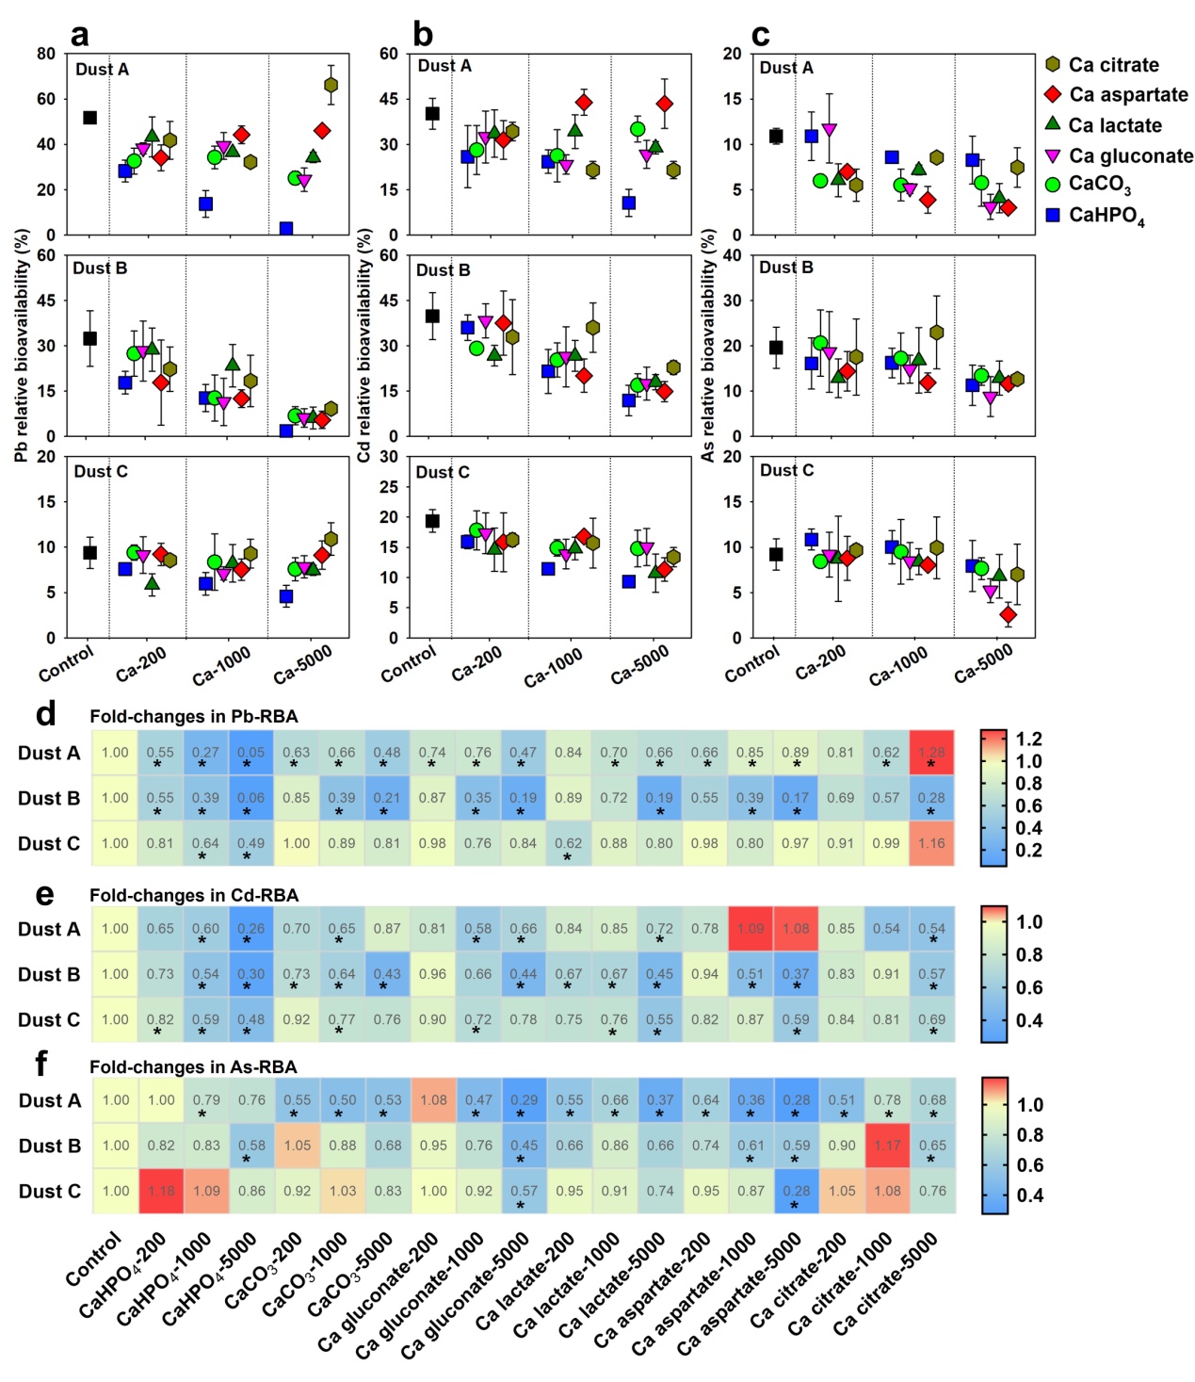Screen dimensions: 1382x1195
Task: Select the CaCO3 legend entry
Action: click(x=1099, y=185)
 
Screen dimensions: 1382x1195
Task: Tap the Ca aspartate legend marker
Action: click(x=1053, y=94)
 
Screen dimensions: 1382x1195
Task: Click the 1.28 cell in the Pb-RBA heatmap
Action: click(x=931, y=753)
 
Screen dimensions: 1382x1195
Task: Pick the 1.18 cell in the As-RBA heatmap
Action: click(x=161, y=1191)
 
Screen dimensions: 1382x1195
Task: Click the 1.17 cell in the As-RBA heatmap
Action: click(x=887, y=1146)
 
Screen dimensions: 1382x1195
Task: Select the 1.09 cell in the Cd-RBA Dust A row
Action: click(x=751, y=929)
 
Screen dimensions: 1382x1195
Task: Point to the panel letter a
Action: click(x=80, y=35)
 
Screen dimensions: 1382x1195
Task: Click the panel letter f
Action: click(x=40, y=1064)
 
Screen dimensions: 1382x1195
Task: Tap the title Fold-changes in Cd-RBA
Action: click(x=194, y=895)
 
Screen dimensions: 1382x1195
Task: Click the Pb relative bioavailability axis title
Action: click(x=21, y=345)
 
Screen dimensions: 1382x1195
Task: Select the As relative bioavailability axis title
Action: click(x=708, y=345)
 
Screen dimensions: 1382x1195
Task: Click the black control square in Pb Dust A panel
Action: click(x=89, y=118)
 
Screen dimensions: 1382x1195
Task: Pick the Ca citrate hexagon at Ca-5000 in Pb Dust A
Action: click(x=331, y=86)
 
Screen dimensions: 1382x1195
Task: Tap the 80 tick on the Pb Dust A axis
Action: click(x=46, y=54)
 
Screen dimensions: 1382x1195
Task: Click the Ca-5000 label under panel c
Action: click(x=983, y=663)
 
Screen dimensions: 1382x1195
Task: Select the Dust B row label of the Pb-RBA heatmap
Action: click(x=49, y=798)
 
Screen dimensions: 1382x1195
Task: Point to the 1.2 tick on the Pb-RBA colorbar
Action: click(x=1028, y=740)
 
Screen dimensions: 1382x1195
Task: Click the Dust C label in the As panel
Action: click(x=786, y=470)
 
